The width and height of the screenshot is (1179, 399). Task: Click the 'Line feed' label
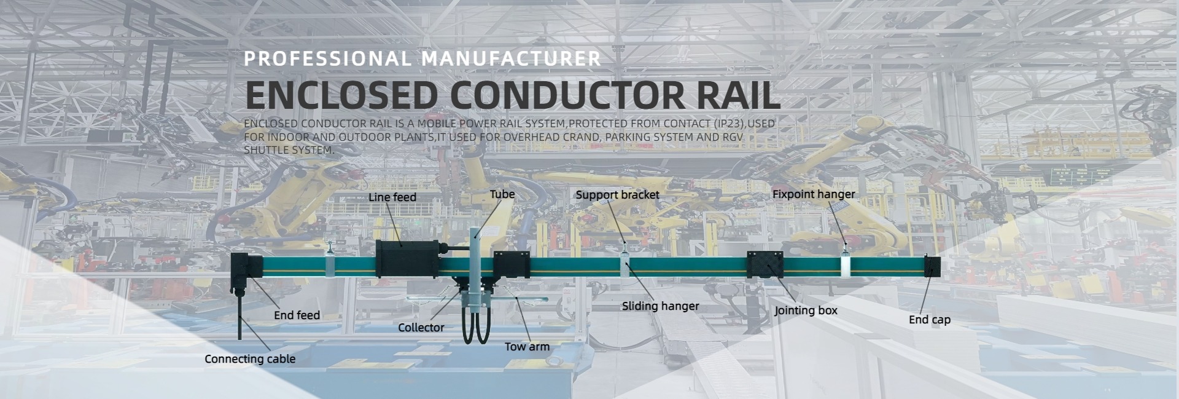pyautogui.click(x=392, y=197)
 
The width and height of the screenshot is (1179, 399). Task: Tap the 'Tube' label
pyautogui.click(x=502, y=194)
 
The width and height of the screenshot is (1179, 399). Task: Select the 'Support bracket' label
pyautogui.click(x=617, y=195)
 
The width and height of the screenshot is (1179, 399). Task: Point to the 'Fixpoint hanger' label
pyautogui.click(x=813, y=194)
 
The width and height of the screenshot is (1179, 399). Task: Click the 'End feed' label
pyautogui.click(x=297, y=315)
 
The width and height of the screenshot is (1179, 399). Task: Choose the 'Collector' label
pyautogui.click(x=421, y=328)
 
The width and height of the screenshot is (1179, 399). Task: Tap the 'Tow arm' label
pyautogui.click(x=527, y=347)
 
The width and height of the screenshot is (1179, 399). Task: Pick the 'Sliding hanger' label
pyautogui.click(x=660, y=306)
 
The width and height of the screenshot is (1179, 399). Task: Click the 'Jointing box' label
pyautogui.click(x=805, y=310)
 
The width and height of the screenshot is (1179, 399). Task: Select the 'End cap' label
pyautogui.click(x=929, y=320)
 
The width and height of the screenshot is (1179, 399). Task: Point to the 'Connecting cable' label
pyautogui.click(x=249, y=359)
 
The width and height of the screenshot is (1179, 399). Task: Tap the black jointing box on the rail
pyautogui.click(x=765, y=264)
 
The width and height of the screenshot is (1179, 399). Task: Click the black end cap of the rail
pyautogui.click(x=933, y=267)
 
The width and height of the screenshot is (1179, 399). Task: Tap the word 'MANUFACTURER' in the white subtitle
pyautogui.click(x=511, y=58)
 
